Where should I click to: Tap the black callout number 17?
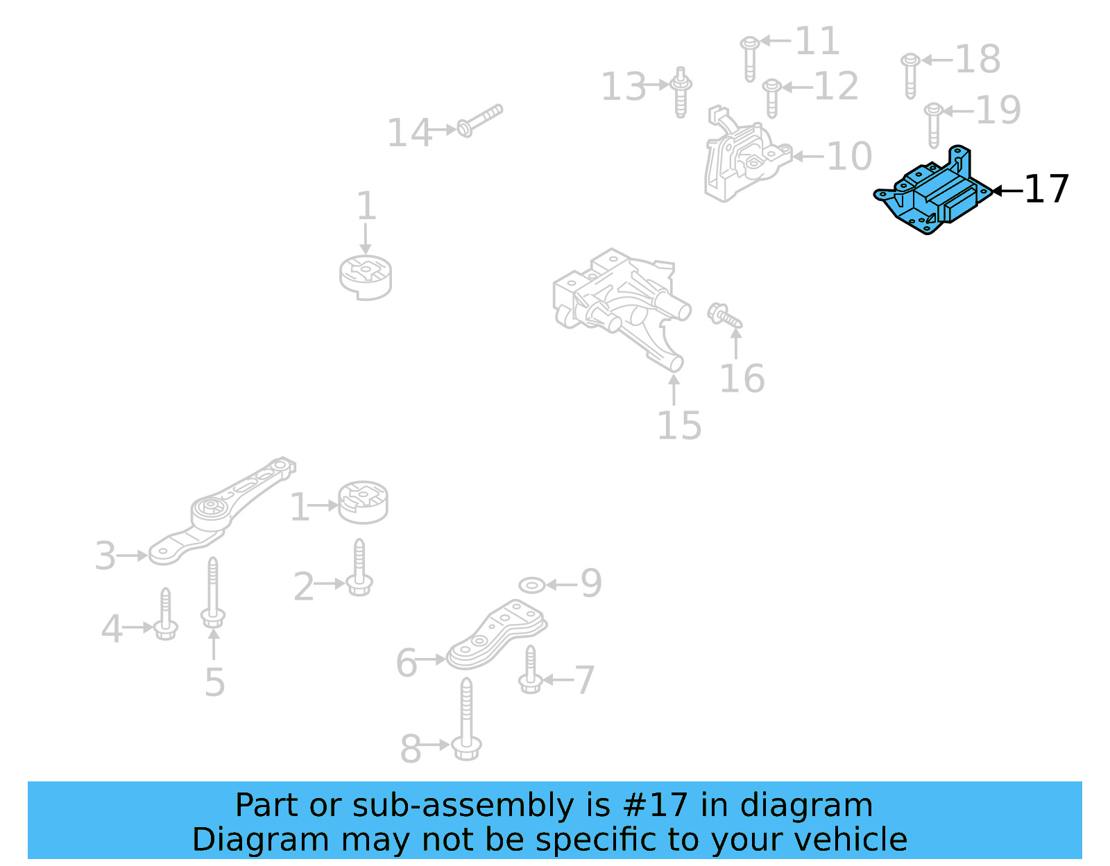[x=1046, y=189]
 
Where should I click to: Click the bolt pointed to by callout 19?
[x=934, y=125]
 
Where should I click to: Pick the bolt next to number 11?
[x=749, y=58]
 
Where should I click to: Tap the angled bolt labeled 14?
[x=479, y=121]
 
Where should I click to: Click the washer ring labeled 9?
[x=531, y=585]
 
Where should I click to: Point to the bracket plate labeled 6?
[x=494, y=634]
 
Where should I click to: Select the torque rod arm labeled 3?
[x=215, y=513]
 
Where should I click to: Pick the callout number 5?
[x=214, y=682]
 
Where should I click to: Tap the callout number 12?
[x=835, y=87]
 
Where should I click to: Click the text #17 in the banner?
[x=655, y=806]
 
